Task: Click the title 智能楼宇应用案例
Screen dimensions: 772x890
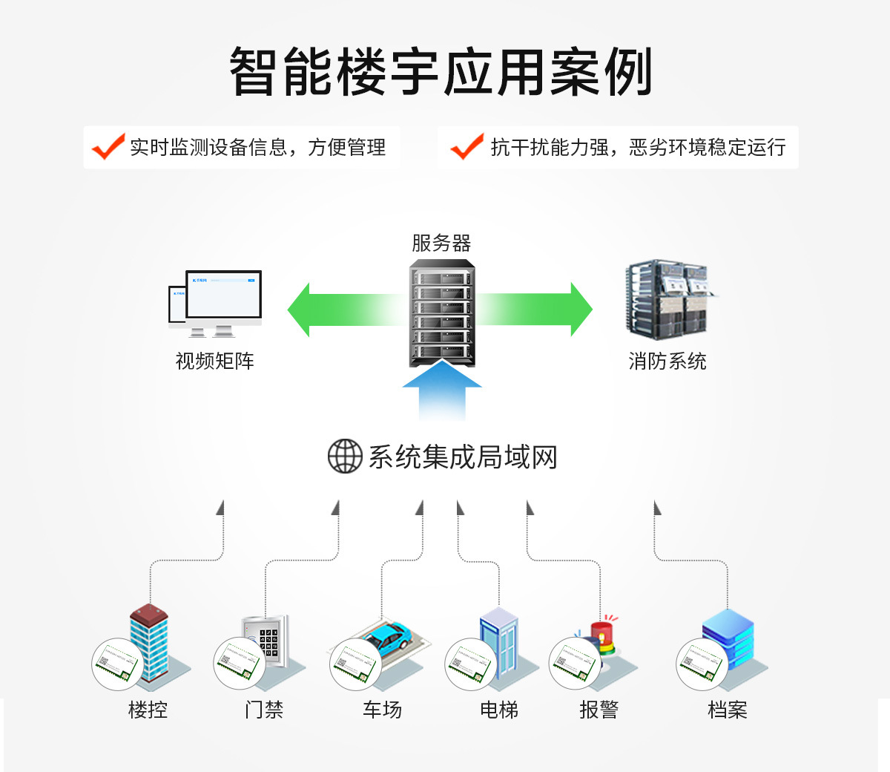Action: click(441, 71)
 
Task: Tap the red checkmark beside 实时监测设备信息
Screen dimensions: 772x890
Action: click(108, 147)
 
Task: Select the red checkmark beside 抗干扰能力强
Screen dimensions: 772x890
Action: click(467, 147)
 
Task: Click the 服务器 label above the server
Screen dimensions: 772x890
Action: click(441, 243)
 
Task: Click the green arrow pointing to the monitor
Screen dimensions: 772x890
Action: click(341, 310)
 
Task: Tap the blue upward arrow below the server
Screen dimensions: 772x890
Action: click(442, 391)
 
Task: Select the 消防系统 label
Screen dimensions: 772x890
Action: click(667, 362)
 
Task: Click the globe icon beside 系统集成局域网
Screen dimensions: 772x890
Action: click(345, 457)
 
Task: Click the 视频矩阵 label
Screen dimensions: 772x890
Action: click(215, 362)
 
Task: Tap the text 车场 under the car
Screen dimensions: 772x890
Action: click(382, 710)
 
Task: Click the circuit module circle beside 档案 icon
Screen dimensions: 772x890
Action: click(701, 663)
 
